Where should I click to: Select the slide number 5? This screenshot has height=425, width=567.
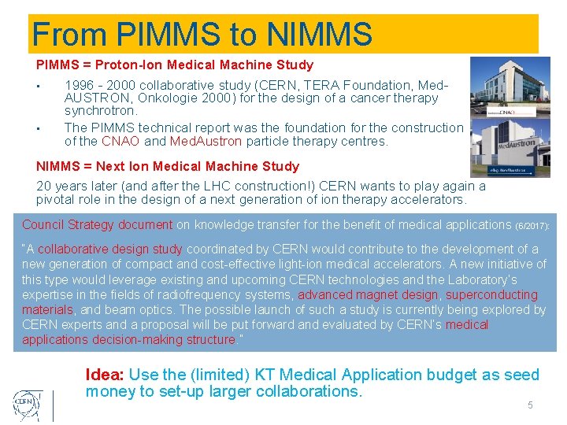pos(530,405)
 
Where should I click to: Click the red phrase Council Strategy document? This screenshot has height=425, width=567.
pos(97,225)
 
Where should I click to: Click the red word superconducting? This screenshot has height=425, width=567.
pos(491,294)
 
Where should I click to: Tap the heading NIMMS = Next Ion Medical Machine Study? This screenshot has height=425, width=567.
pos(168,166)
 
